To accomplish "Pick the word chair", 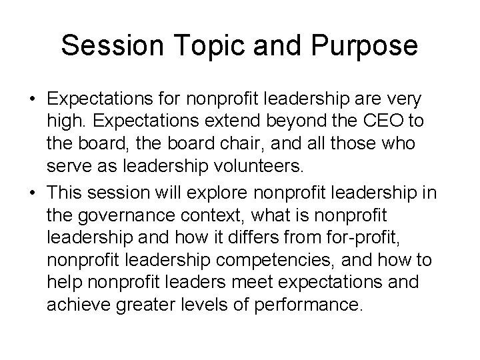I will [x=219, y=145].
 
